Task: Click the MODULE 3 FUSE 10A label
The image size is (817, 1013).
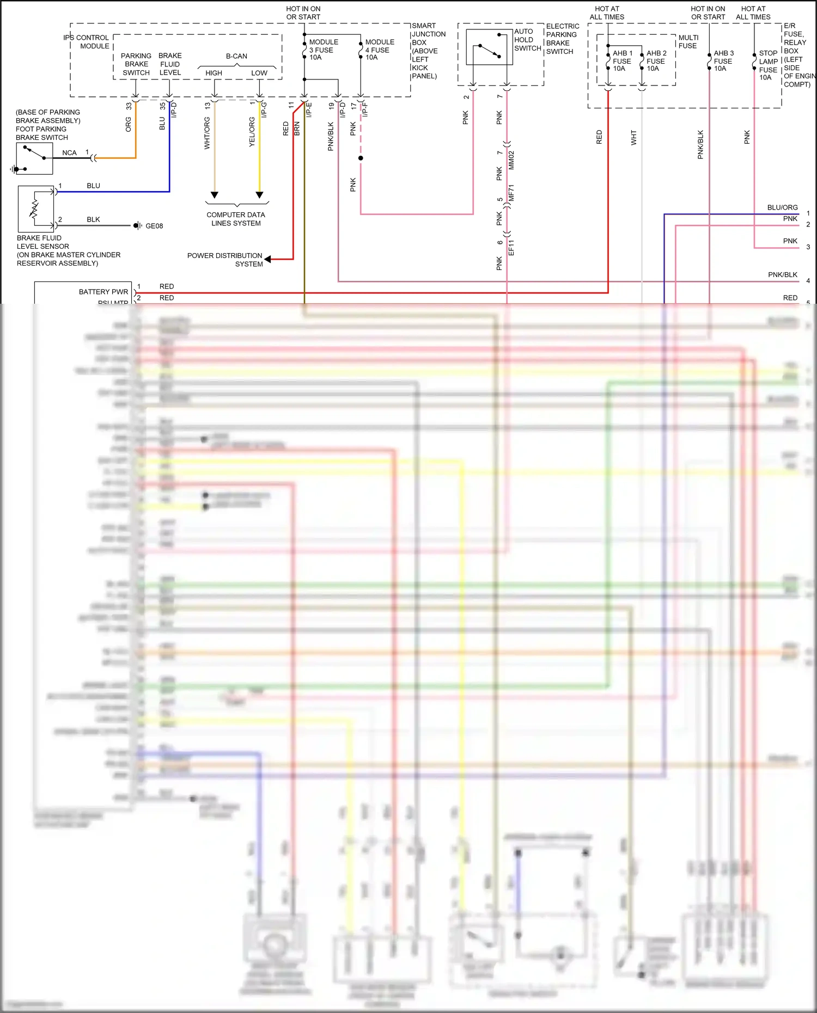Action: pos(324,50)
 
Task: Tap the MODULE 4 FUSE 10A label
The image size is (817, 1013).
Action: pos(380,50)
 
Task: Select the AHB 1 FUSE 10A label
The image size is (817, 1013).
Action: pos(622,61)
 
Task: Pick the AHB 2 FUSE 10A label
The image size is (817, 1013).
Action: pos(656,61)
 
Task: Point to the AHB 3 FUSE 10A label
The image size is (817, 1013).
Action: pos(723,61)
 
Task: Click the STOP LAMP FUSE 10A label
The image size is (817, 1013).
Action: pos(768,65)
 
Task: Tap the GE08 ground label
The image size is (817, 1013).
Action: pos(154,226)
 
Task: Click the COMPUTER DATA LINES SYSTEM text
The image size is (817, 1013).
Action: pos(236,219)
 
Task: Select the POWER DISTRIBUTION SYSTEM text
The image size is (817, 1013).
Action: pos(225,260)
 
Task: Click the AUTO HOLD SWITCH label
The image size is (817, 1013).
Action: pos(527,40)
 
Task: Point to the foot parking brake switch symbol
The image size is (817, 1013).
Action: pos(34,158)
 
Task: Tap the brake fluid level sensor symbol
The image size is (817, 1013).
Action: pos(36,209)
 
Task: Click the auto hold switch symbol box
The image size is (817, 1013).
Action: pos(490,47)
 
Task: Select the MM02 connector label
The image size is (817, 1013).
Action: pos(511,161)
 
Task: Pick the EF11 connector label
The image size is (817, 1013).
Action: pos(511,248)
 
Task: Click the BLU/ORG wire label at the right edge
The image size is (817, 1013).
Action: pos(782,207)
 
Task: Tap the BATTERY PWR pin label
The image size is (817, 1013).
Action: pos(103,292)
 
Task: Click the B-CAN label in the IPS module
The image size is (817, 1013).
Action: pos(236,56)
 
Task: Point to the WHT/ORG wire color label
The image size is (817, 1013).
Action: pos(207,133)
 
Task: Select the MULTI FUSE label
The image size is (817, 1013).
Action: pos(688,41)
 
